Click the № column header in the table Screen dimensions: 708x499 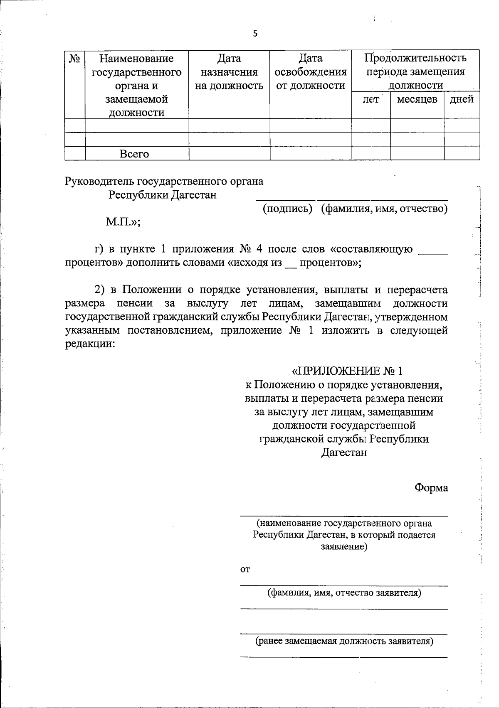75,59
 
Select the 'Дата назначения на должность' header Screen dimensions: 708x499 229,72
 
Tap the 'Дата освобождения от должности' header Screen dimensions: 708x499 311,72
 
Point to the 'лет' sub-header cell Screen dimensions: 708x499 371,100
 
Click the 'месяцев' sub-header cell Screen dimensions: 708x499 417,100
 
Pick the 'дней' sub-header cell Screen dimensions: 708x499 462,100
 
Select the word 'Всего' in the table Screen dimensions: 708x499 134,154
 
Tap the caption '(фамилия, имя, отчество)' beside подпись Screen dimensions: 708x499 384,209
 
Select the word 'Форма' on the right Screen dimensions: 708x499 431,488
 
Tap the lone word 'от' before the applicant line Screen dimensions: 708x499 245,570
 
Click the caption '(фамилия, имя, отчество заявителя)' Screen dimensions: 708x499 344,593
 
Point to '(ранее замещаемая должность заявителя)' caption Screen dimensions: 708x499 344,641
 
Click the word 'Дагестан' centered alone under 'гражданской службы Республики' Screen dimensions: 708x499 344,452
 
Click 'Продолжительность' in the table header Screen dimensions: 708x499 415,58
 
